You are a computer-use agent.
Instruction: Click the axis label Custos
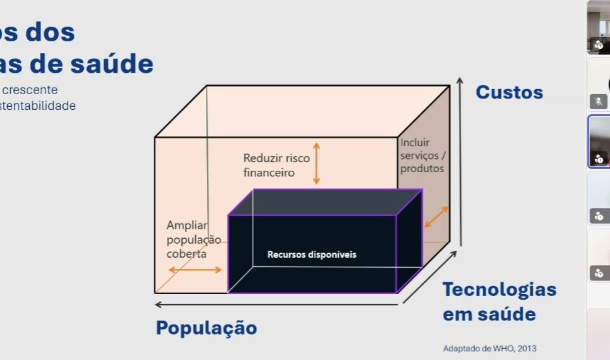(509, 93)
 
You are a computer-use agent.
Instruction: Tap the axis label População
(207, 328)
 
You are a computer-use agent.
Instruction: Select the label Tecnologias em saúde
(499, 302)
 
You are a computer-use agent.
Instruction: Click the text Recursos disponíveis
(312, 255)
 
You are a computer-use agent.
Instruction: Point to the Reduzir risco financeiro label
(276, 164)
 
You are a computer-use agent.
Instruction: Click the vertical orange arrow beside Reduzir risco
(316, 163)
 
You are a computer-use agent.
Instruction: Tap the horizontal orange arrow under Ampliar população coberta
(195, 270)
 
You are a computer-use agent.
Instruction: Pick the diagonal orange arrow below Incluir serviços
(436, 217)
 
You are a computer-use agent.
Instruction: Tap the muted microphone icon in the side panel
(598, 101)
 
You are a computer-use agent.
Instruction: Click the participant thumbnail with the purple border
(599, 141)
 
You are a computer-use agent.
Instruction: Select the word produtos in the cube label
(422, 168)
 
